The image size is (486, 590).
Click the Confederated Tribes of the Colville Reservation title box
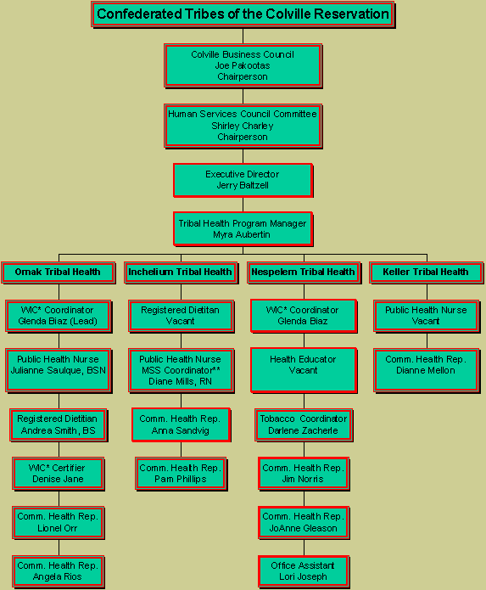pos(243,14)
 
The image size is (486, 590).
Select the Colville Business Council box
pos(243,66)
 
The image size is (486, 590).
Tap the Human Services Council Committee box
pos(243,126)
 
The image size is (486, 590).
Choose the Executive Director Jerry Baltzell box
pos(243,180)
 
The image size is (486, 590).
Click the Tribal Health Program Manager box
pos(243,229)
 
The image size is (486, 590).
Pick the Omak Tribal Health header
pos(59,273)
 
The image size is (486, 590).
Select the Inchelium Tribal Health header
pos(181,273)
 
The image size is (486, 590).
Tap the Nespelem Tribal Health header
pos(304,273)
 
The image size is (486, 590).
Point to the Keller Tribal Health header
pos(427,273)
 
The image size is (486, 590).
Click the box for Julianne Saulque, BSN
pos(59,371)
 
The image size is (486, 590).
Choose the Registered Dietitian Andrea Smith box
pos(59,425)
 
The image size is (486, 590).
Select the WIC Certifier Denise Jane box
pos(59,474)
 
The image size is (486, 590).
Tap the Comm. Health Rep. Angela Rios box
pos(59,571)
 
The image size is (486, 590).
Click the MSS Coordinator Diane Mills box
pos(181,371)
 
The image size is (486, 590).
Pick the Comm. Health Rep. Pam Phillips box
pos(181,474)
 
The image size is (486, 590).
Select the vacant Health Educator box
pos(304,371)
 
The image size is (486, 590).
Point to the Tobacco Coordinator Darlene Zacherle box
pos(304,425)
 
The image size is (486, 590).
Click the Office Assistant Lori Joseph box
pos(304,571)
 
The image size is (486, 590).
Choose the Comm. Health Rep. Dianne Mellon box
pos(427,371)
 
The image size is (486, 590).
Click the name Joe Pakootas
pos(243,66)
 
